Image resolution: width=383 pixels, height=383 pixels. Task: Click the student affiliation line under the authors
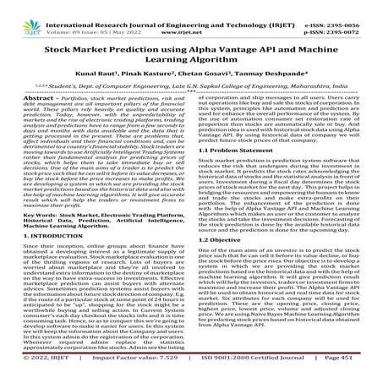[x=191, y=89]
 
